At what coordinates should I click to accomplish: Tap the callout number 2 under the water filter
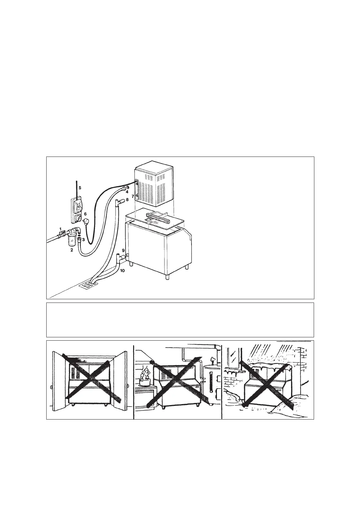(72, 250)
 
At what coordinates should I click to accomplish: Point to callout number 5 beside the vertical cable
(80, 187)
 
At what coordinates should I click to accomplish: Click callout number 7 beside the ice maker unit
(133, 196)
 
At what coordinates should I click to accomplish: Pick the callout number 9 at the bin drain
(123, 250)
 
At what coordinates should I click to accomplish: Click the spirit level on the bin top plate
(157, 217)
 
